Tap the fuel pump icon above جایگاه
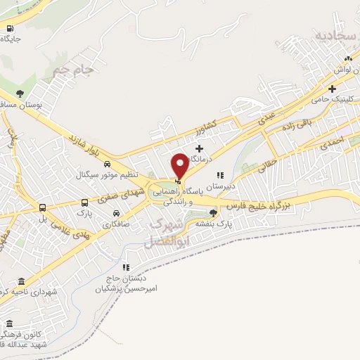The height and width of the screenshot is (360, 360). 10,29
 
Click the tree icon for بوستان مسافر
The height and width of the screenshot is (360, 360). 20,94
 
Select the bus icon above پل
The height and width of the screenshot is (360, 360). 42,208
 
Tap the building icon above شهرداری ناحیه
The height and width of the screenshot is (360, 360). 20,281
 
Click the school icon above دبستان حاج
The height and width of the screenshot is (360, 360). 126,267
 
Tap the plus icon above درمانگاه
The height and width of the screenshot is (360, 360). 200,148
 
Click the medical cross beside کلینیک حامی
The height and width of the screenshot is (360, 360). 332,89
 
